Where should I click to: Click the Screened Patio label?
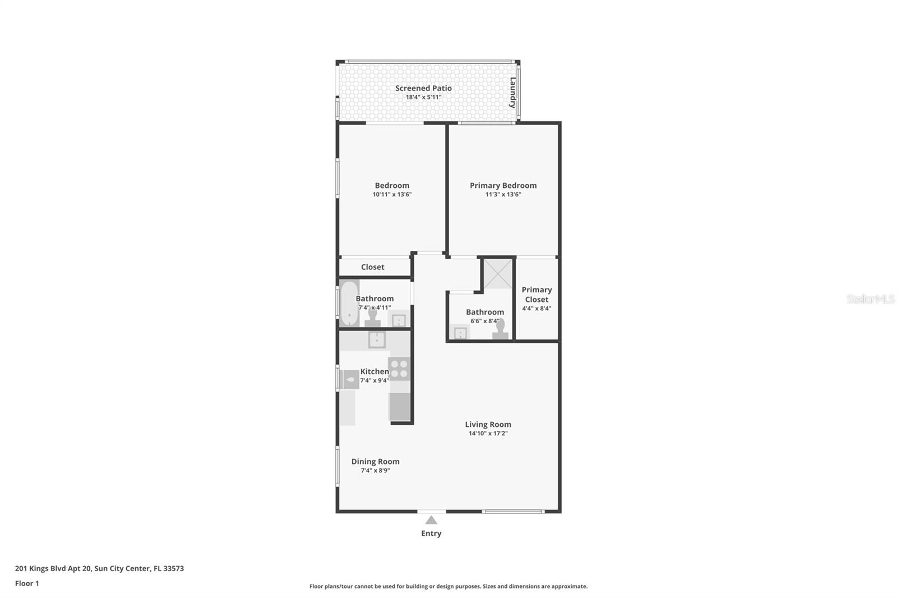(423, 88)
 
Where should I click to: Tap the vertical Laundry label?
(512, 93)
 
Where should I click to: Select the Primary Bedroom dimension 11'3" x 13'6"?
(503, 195)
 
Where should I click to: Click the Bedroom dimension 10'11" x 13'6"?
(392, 195)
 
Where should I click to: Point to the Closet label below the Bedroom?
(372, 267)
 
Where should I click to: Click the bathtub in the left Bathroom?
(349, 303)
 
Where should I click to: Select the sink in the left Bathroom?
(399, 320)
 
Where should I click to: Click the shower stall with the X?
(498, 274)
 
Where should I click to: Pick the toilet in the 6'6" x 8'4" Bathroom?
(500, 330)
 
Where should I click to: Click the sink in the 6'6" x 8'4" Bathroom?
(460, 334)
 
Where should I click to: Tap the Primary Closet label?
(537, 295)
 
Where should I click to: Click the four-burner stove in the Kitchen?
(399, 369)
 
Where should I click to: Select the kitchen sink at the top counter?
(376, 339)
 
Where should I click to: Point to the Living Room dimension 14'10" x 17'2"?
(488, 434)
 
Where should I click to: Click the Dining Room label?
(375, 462)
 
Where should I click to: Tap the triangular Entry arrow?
(431, 520)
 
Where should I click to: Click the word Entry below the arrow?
(431, 533)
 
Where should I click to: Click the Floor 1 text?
(27, 583)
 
